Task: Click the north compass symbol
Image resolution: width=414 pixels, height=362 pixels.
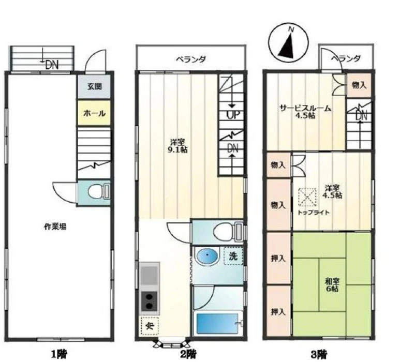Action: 288,43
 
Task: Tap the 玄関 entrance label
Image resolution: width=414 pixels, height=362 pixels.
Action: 94,86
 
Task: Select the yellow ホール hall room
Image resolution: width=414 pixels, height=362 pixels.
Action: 94,113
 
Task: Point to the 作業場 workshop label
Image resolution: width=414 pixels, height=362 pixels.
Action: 55,227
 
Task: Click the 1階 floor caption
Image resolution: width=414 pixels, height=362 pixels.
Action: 58,354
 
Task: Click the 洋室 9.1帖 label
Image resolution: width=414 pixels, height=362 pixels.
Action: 178,146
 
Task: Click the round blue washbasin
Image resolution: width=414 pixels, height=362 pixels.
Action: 208,256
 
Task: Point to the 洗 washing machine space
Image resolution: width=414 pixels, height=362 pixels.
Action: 233,255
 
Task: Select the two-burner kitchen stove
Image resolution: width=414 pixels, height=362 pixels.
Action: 150,301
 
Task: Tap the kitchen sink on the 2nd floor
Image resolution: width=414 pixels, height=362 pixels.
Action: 150,275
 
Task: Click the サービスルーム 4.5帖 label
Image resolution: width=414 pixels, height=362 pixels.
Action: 305,112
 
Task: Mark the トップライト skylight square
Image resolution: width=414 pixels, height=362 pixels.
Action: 307,198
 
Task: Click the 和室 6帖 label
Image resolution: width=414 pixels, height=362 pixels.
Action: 332,285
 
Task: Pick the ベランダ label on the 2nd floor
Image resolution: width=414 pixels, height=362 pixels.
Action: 191,59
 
